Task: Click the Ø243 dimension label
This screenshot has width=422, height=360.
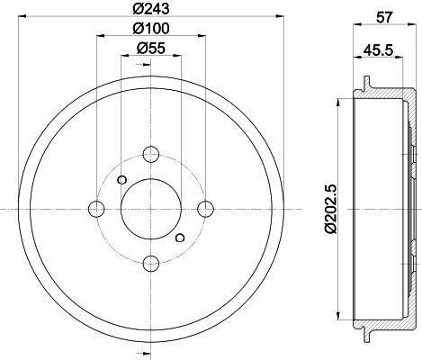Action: click(151, 8)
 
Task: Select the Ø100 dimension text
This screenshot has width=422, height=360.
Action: click(151, 29)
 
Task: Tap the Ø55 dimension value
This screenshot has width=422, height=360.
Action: click(151, 48)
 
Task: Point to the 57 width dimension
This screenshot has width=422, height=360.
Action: click(384, 17)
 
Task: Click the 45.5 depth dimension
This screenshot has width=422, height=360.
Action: click(378, 50)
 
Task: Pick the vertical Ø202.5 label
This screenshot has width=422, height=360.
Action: click(331, 209)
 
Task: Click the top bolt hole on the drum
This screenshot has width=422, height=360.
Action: click(151, 154)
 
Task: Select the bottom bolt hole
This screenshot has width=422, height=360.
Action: click(151, 263)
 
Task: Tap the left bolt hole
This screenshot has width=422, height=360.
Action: click(96, 209)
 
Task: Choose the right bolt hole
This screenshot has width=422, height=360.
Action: click(206, 209)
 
